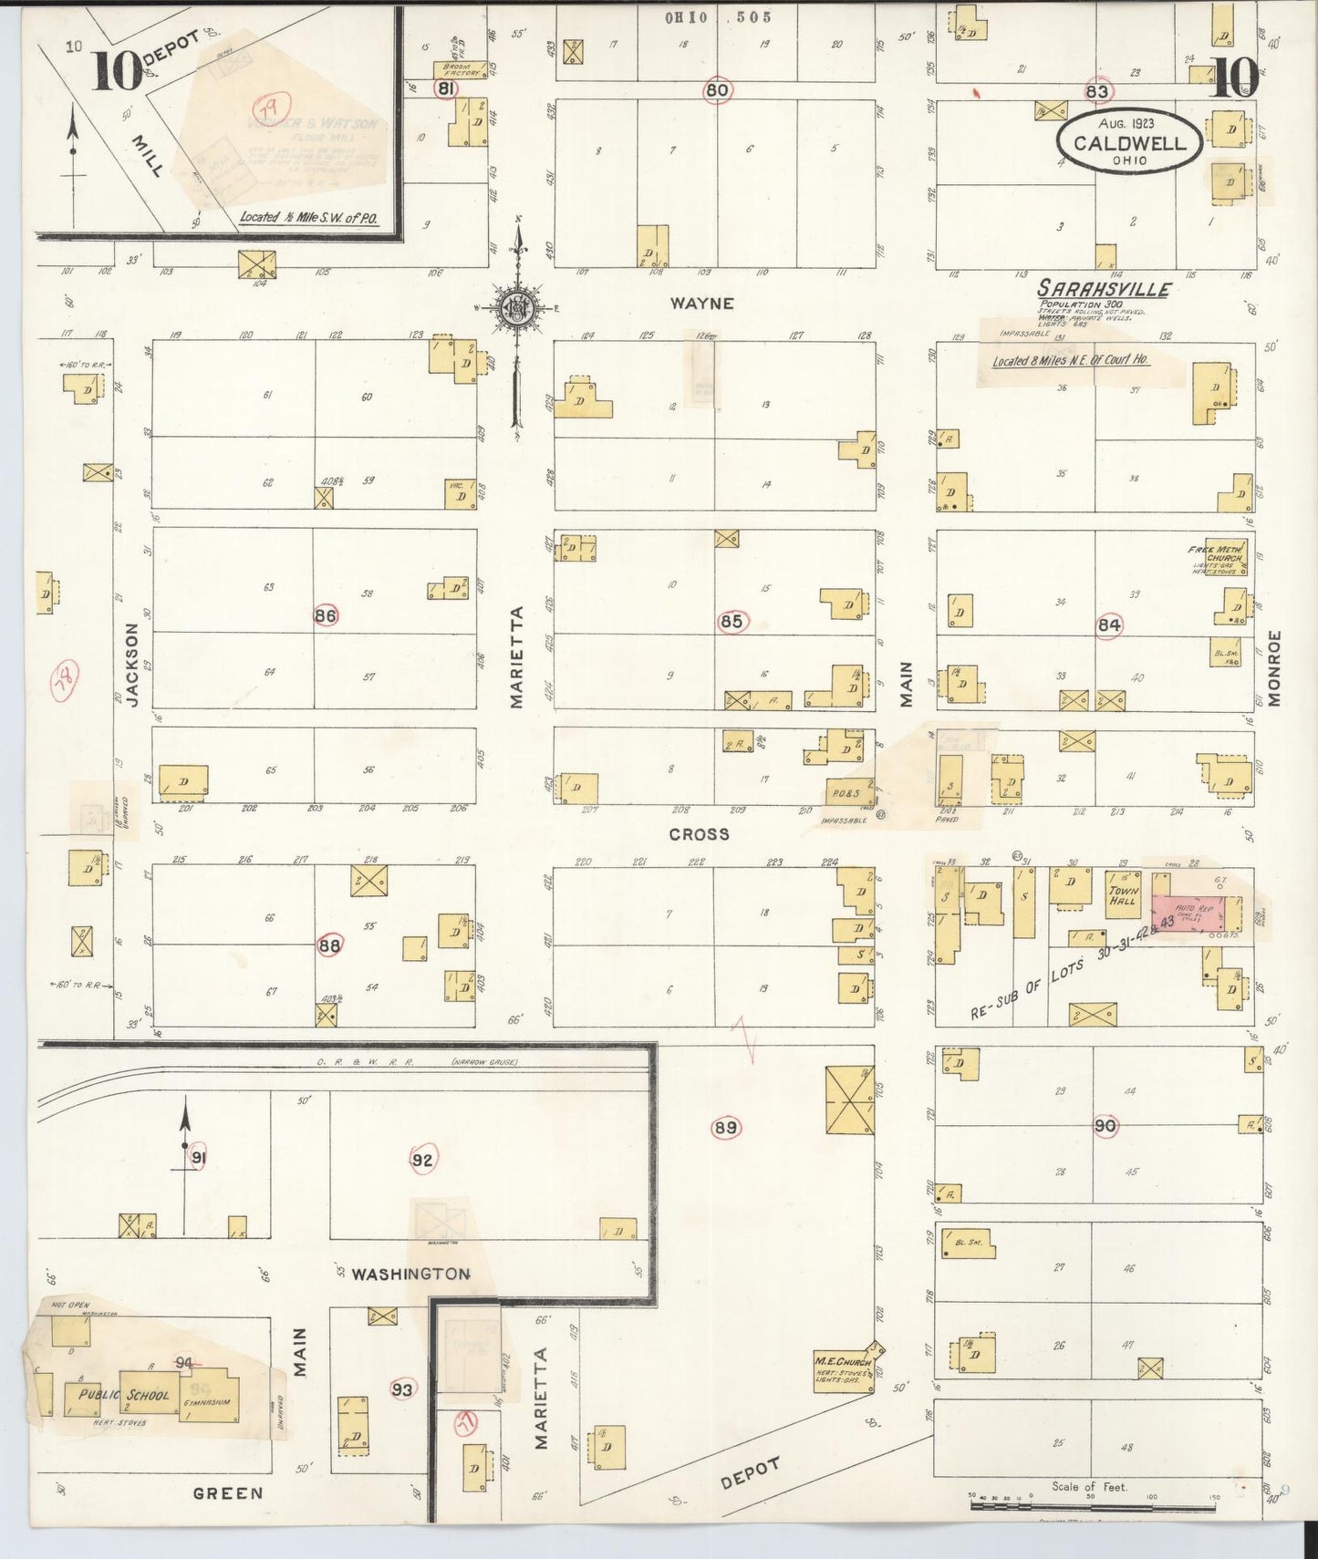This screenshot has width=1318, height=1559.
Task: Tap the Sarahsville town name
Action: point(1105,289)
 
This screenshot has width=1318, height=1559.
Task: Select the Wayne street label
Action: point(701,303)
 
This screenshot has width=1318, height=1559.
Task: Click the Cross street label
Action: point(699,833)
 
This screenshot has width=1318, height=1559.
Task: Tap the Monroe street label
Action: point(1274,667)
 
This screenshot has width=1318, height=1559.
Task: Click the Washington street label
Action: point(410,1273)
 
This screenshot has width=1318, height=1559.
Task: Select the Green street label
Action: point(227,1492)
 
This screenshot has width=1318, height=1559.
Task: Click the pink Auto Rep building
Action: point(1196,912)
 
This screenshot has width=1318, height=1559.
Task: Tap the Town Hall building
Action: point(1123,893)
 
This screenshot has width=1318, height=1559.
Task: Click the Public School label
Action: point(124,1394)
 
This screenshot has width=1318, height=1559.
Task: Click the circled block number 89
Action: point(725,1128)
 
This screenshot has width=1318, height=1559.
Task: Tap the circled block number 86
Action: point(325,615)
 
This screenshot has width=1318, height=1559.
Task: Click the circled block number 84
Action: point(1109,625)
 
